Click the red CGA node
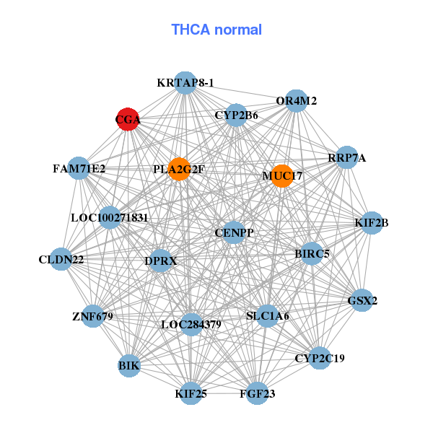128,120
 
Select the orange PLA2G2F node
179,170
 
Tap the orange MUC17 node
282,175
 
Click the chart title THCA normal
216,30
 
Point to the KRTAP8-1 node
185,83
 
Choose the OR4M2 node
297,101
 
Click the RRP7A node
347,158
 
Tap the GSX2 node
362,300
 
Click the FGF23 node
257,394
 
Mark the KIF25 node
191,394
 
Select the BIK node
129,367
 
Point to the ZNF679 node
92,316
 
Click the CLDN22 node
61,259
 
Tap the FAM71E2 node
79,169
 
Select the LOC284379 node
191,325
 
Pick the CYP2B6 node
236,115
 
